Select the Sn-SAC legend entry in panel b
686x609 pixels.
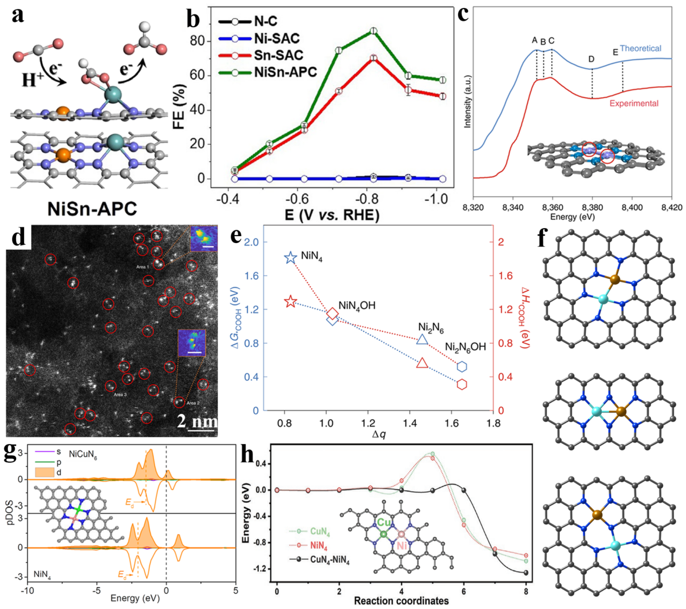coord(279,55)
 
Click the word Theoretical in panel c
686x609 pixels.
coord(640,49)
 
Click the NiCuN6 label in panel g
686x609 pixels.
coord(83,455)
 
